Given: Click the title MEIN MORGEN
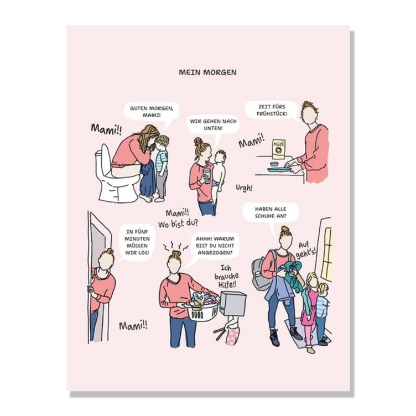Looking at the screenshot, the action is [x=207, y=72].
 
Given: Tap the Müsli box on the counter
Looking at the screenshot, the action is [x=279, y=149].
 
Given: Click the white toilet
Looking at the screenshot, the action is [x=116, y=175].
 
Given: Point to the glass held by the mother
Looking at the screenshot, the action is [x=207, y=176].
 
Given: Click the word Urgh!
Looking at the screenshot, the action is [x=244, y=188].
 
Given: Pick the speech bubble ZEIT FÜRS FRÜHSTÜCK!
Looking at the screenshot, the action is [x=272, y=110].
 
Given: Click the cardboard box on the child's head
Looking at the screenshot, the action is [x=232, y=304].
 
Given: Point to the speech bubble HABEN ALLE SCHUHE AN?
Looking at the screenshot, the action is [x=271, y=213].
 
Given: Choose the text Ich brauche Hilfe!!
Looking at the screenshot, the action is [x=226, y=277].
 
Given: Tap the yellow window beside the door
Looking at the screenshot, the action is [x=326, y=254].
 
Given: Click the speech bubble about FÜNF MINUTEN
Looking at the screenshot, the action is [x=137, y=242].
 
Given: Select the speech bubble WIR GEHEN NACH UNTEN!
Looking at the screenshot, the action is [x=213, y=124].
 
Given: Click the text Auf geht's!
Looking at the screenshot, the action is [x=306, y=250].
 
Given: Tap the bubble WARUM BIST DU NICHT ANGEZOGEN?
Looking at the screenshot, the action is [x=215, y=246].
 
